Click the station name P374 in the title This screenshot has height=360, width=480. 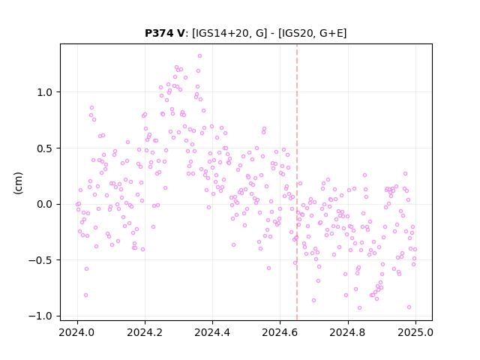[x=160, y=33]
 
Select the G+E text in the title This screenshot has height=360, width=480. [x=331, y=33]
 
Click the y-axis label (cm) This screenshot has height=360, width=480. [x=18, y=183]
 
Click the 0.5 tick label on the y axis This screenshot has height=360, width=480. [x=46, y=148]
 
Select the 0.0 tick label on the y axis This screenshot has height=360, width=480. [x=46, y=204]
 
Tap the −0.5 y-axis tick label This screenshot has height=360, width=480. [x=42, y=260]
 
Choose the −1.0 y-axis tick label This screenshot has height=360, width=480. [x=42, y=316]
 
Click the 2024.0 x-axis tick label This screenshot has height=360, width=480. [x=77, y=332]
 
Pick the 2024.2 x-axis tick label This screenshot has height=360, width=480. [x=145, y=332]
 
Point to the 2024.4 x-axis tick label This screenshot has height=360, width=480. [x=212, y=332]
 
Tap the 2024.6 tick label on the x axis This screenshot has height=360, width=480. [x=280, y=332]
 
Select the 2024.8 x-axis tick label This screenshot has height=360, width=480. [x=347, y=332]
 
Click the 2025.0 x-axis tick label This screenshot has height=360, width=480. [x=415, y=332]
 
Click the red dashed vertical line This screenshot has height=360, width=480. [x=297, y=182]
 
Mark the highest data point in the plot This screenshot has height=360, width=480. [x=199, y=56]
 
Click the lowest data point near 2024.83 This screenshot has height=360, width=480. [x=359, y=308]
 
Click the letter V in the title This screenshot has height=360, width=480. [x=181, y=33]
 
